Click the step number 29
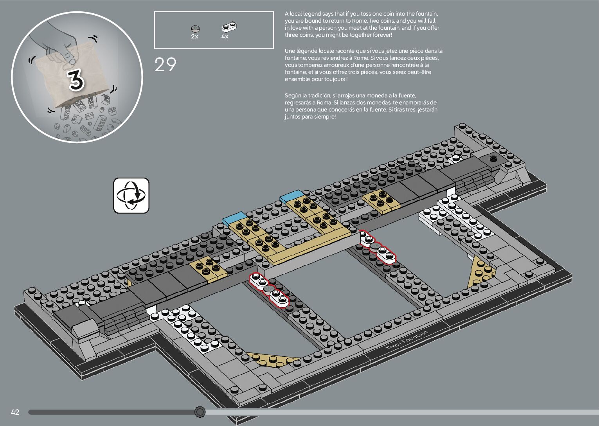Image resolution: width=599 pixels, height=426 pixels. (x=165, y=65)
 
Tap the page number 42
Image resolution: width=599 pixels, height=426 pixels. (x=15, y=412)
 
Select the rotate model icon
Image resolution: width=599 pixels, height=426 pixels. (x=131, y=196)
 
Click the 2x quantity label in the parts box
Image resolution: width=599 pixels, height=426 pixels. (x=194, y=36)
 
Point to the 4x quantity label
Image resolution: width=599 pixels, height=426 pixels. (x=225, y=36)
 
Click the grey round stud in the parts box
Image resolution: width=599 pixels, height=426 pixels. (x=195, y=28)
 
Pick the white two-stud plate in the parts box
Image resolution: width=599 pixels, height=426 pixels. (x=230, y=27)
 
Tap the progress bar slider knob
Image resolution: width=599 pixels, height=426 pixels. (x=200, y=412)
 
